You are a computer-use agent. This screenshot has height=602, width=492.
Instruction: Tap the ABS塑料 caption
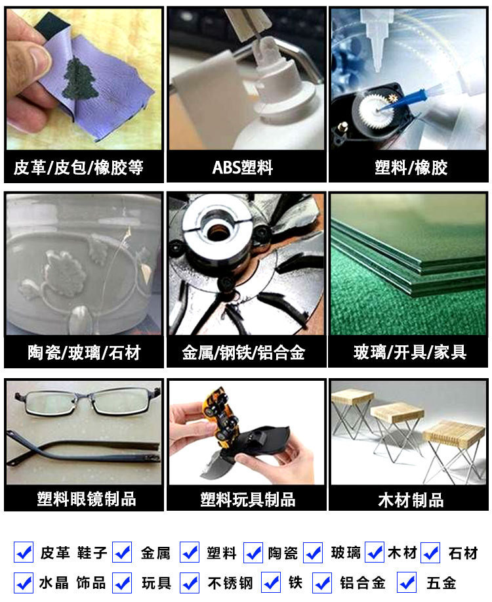pos(246,167)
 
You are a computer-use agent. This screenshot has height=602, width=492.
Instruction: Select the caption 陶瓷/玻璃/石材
pos(84,353)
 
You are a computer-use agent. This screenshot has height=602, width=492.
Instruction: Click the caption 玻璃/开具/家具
pos(409,353)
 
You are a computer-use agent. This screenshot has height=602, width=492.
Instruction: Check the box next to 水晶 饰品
pos(24,582)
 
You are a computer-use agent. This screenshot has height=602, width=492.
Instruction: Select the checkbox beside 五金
pos(407,582)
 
